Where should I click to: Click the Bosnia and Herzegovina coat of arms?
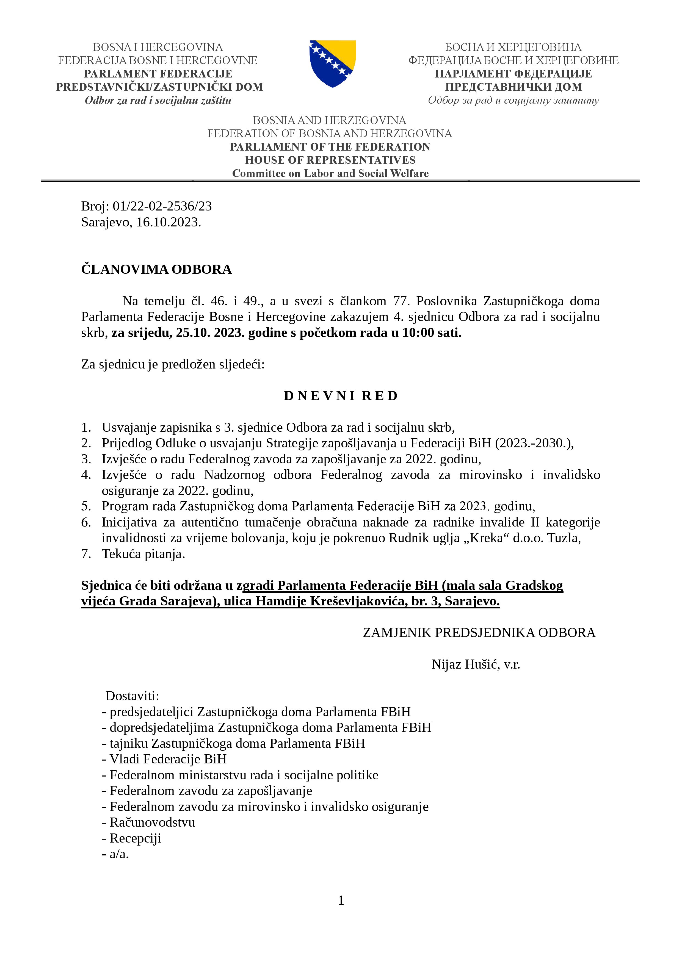click(333, 63)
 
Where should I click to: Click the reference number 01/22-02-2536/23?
click(162, 206)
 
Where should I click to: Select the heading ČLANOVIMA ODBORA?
click(156, 269)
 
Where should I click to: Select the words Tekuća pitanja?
click(143, 554)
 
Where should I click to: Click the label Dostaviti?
click(132, 696)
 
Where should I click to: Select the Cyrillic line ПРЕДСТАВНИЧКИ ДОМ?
click(513, 87)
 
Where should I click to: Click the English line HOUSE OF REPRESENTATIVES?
click(330, 160)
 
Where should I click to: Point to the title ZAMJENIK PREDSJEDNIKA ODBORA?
click(479, 633)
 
